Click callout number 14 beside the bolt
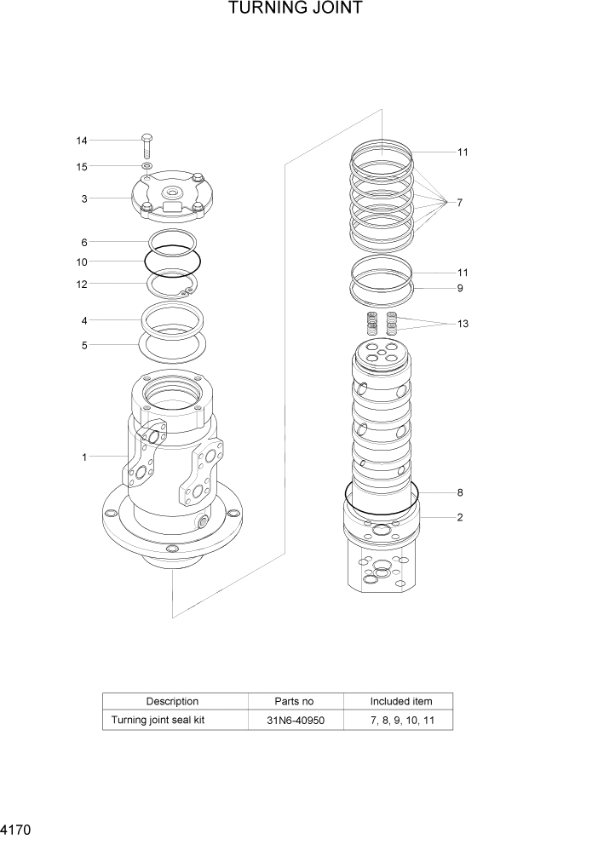click(x=82, y=141)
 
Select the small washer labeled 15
click(x=147, y=165)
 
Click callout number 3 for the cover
click(x=84, y=199)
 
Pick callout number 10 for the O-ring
click(x=82, y=262)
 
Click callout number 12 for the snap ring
click(x=82, y=285)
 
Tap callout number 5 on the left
click(x=84, y=345)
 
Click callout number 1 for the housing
click(x=84, y=457)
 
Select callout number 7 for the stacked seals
click(x=459, y=203)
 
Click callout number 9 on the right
click(x=459, y=288)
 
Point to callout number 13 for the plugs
click(x=462, y=324)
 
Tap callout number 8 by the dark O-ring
click(x=459, y=492)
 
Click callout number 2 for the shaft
click(x=459, y=517)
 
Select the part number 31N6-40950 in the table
click(x=295, y=721)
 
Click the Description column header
click(x=172, y=701)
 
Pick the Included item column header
click(x=400, y=701)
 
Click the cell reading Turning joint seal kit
click(x=158, y=721)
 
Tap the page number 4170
click(x=16, y=828)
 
